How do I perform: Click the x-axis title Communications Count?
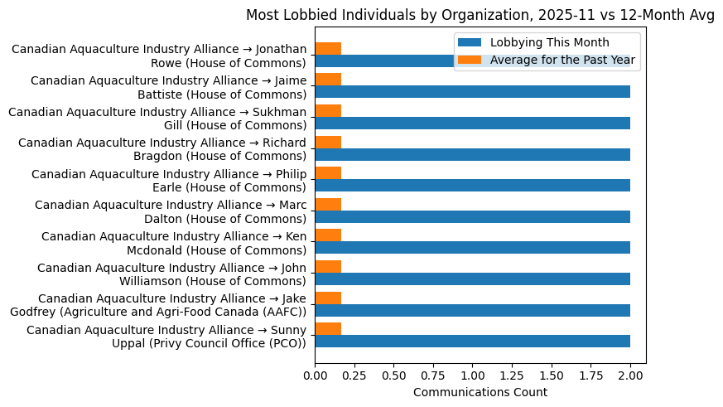click(480, 392)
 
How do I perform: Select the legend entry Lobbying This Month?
click(549, 43)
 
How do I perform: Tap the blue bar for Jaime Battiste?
click(472, 92)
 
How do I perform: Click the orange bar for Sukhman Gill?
click(328, 111)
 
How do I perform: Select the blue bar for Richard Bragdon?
click(472, 154)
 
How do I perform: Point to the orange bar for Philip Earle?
click(328, 173)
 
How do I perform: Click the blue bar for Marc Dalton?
click(472, 217)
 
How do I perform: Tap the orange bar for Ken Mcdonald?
click(328, 235)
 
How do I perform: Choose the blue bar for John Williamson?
click(472, 279)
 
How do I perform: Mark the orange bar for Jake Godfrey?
click(328, 298)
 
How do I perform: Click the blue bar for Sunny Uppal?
click(472, 342)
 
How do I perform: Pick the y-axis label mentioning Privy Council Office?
click(166, 337)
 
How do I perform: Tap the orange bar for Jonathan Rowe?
click(328, 49)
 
